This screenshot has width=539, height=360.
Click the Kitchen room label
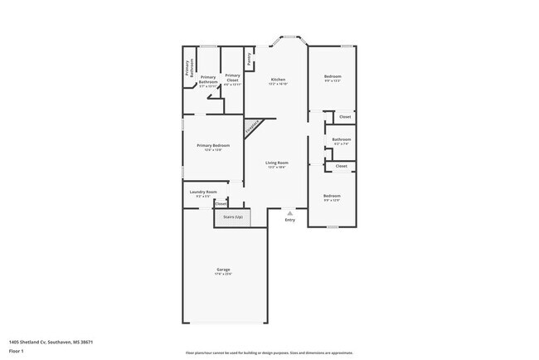(x=277, y=80)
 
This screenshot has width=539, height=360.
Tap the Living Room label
(x=277, y=163)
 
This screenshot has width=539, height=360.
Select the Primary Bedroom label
(x=213, y=146)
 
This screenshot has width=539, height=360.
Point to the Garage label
(x=223, y=270)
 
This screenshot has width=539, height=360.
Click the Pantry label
(x=249, y=59)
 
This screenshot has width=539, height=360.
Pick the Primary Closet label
(x=233, y=78)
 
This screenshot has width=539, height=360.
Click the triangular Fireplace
(x=252, y=127)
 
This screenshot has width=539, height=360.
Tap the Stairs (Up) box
(x=232, y=217)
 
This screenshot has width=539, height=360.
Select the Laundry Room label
(x=203, y=192)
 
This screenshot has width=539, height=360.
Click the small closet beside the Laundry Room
(x=221, y=202)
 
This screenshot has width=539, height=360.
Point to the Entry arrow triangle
(x=289, y=212)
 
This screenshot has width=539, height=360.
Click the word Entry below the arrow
(x=289, y=220)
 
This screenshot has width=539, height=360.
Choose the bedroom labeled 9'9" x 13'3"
(x=332, y=77)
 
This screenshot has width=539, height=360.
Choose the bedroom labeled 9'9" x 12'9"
(x=332, y=197)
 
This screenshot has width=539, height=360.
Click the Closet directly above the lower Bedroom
(x=341, y=166)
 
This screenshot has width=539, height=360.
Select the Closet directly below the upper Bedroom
(x=344, y=117)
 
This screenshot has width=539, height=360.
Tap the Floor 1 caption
(x=17, y=351)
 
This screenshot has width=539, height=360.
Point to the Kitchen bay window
(x=289, y=37)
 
